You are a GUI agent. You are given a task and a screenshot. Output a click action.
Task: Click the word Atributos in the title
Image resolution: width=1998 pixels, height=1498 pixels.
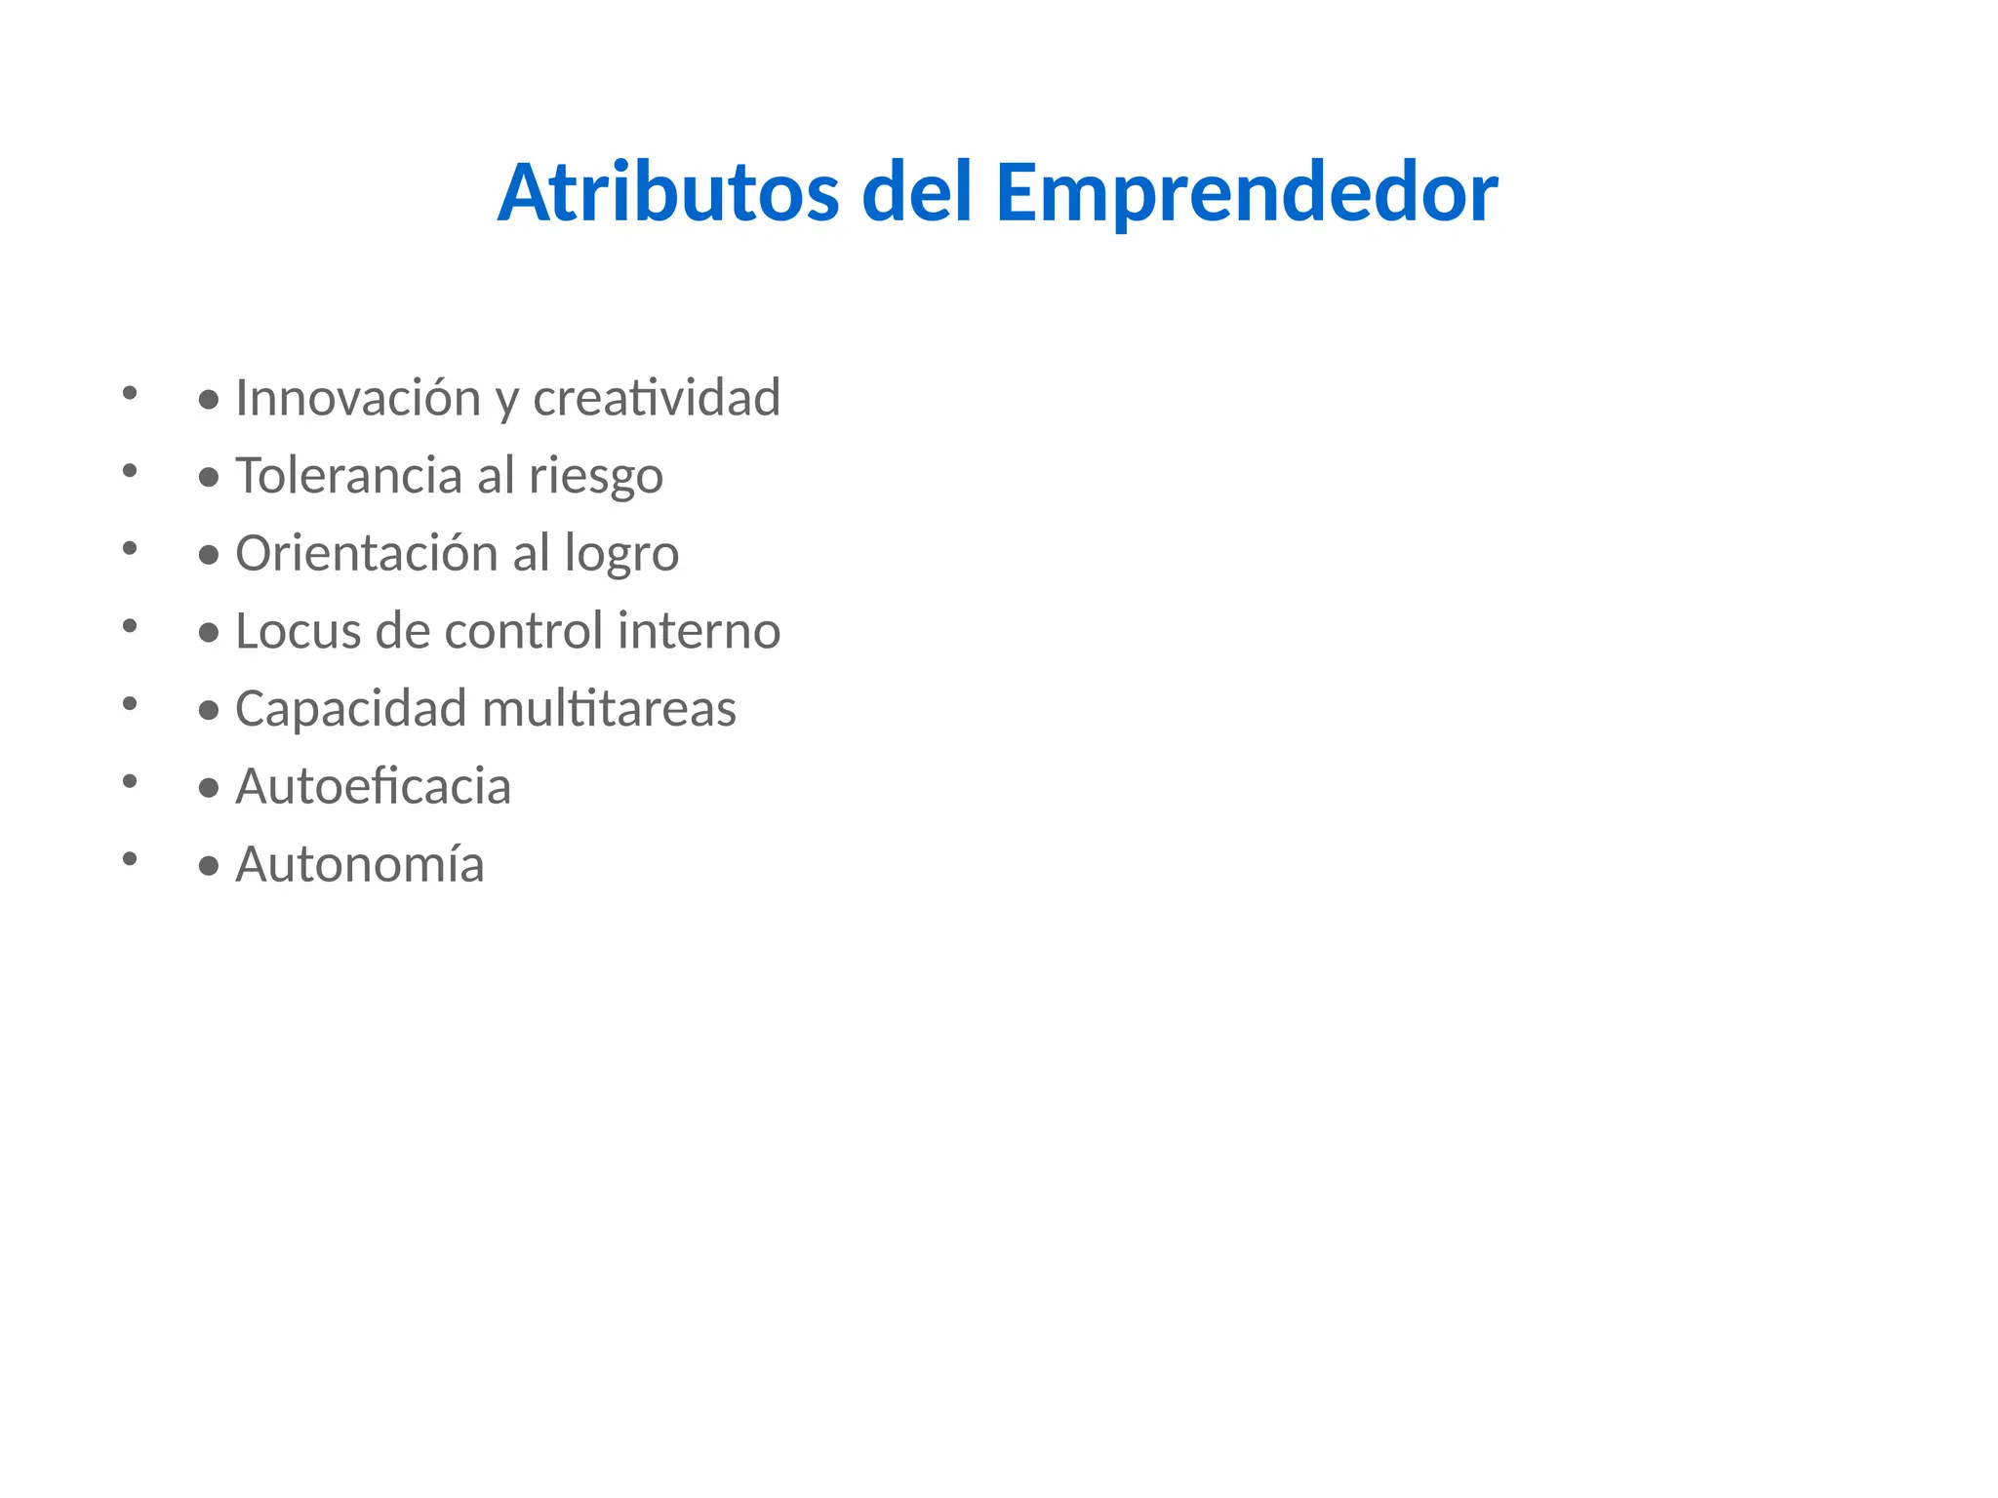point(668,193)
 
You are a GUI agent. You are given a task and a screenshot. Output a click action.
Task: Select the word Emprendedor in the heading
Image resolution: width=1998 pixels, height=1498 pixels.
point(1246,193)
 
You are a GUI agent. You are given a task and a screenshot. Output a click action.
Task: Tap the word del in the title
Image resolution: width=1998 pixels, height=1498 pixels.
point(917,193)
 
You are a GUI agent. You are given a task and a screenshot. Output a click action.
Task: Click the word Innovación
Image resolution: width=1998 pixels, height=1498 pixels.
point(358,398)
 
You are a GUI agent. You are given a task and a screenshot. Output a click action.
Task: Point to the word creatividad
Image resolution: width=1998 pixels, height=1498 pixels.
point(657,398)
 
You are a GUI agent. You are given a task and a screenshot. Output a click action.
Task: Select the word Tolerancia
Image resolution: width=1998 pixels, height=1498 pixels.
point(348,476)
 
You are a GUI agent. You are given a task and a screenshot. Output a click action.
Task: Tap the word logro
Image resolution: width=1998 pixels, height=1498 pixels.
point(621,555)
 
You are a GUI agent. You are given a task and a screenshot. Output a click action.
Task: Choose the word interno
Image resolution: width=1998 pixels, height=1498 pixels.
point(699,631)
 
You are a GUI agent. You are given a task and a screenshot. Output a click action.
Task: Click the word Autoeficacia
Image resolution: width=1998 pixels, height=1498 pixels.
point(373,787)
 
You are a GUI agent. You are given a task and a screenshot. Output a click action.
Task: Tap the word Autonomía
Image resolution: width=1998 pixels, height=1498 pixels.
point(359,864)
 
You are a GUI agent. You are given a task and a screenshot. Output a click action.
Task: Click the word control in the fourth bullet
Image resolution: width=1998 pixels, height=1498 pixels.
point(524,631)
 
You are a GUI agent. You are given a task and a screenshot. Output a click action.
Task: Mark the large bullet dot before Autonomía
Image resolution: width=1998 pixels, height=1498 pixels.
point(208,866)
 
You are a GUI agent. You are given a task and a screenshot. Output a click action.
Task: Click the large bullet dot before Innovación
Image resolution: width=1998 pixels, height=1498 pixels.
point(208,400)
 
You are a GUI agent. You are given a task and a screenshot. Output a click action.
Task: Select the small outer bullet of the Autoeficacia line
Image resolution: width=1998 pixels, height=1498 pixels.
point(130,780)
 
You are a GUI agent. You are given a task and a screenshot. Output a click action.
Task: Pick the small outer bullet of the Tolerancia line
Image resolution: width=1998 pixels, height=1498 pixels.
point(130,470)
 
